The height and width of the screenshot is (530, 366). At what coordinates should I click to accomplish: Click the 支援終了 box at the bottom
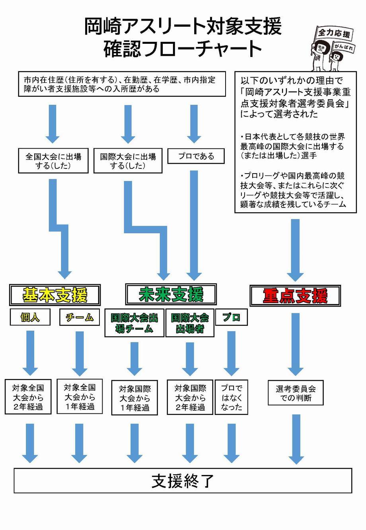tap(183, 481)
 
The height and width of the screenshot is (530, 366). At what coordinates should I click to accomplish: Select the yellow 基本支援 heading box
tap(55, 295)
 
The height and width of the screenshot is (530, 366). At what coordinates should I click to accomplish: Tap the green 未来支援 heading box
tap(171, 294)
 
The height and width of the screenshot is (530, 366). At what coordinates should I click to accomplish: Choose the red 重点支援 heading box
tap(295, 296)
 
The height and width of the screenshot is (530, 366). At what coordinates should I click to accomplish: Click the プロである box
tap(196, 156)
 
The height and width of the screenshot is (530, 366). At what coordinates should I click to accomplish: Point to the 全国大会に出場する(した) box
tap(53, 161)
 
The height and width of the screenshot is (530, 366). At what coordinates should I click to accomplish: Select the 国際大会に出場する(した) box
tap(128, 161)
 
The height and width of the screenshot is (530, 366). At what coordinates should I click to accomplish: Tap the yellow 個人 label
tap(30, 317)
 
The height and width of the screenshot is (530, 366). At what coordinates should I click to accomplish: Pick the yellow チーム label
tap(79, 317)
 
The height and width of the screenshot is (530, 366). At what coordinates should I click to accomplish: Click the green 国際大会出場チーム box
tap(134, 323)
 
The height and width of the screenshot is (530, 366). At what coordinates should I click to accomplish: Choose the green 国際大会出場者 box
tap(190, 323)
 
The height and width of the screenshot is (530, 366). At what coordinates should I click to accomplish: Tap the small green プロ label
tap(231, 317)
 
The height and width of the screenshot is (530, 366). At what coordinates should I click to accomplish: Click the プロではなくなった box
tap(231, 397)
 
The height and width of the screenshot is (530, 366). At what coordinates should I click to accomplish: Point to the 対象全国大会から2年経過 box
tap(28, 397)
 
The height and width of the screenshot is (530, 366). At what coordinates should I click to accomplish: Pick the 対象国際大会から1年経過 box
tap(134, 398)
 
